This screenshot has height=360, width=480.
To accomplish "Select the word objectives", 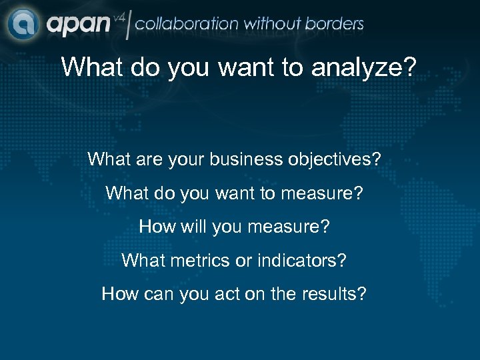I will pyautogui.click(x=341, y=160).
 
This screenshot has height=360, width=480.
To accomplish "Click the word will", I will pyautogui.click(x=193, y=227).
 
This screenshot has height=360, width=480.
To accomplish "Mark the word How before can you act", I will pyautogui.click(x=118, y=293).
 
